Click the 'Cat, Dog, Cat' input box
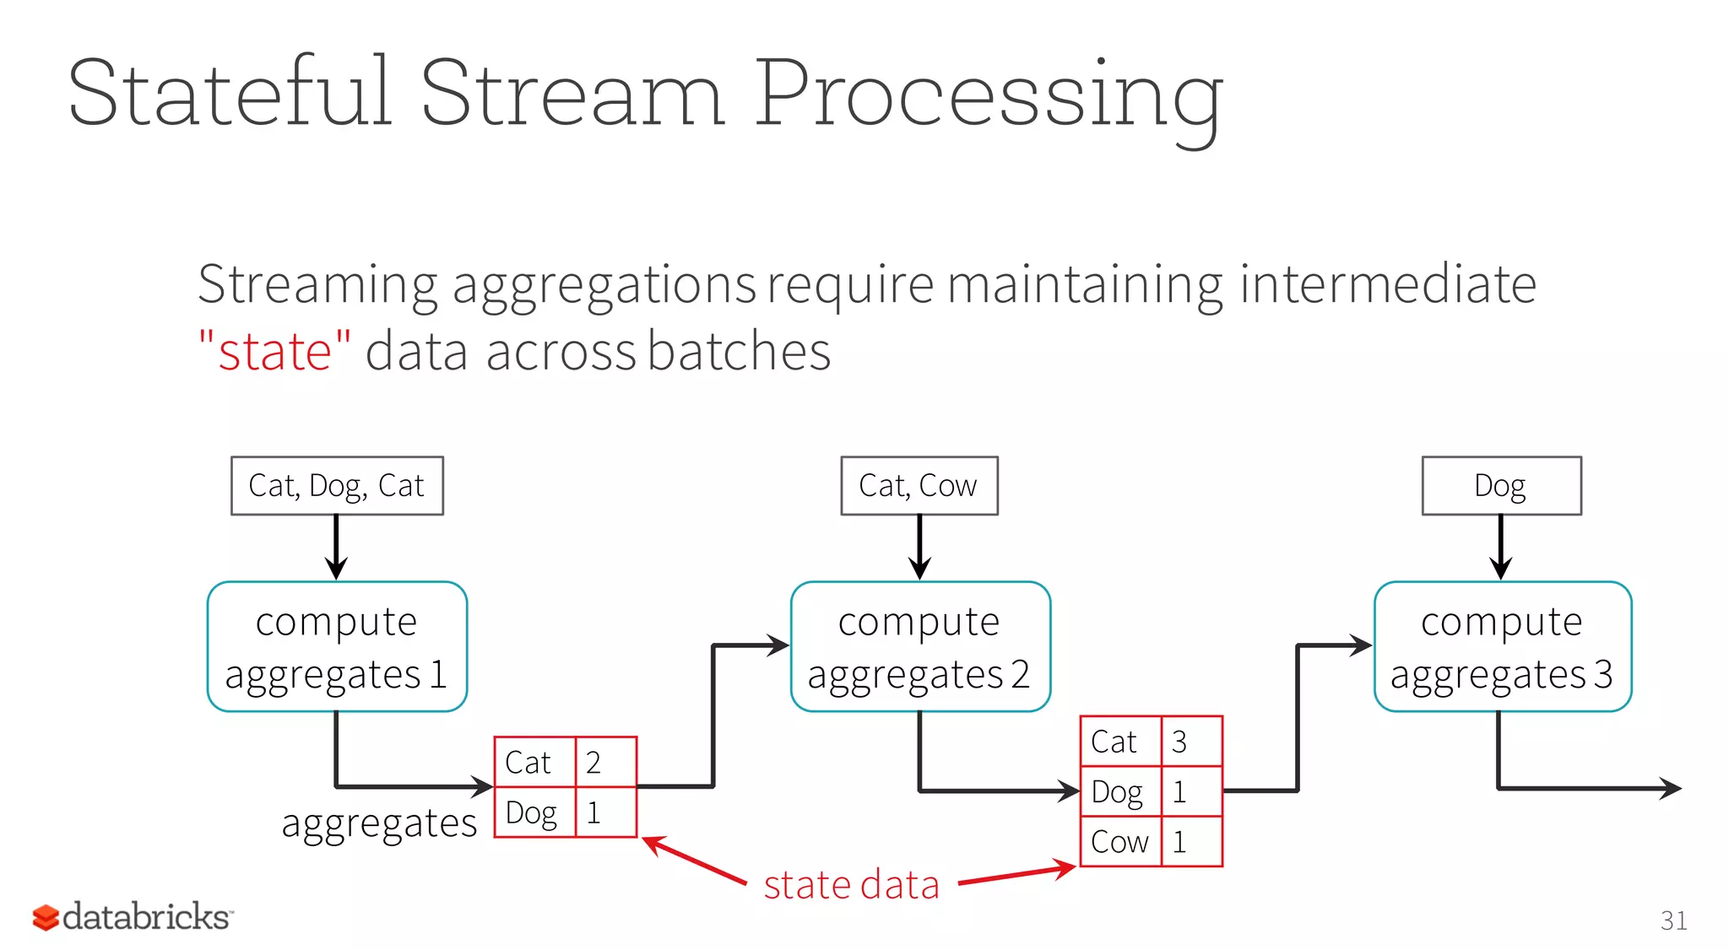pos(337,486)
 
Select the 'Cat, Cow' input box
pos(919,486)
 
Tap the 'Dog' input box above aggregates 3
pos(1501,486)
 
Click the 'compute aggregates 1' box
pos(337,646)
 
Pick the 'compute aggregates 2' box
pos(920,646)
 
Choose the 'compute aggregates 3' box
pos(1503,646)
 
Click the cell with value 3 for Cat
pos(1191,742)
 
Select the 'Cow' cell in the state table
pos(1120,841)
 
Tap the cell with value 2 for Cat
pos(605,762)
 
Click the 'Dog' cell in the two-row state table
pos(534,812)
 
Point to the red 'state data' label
pos(851,885)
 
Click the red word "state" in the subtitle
pos(274,351)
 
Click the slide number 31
pos(1673,920)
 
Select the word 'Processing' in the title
pos(988,94)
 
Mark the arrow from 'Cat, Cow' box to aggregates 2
pos(919,547)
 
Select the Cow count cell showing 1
pos(1191,841)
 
